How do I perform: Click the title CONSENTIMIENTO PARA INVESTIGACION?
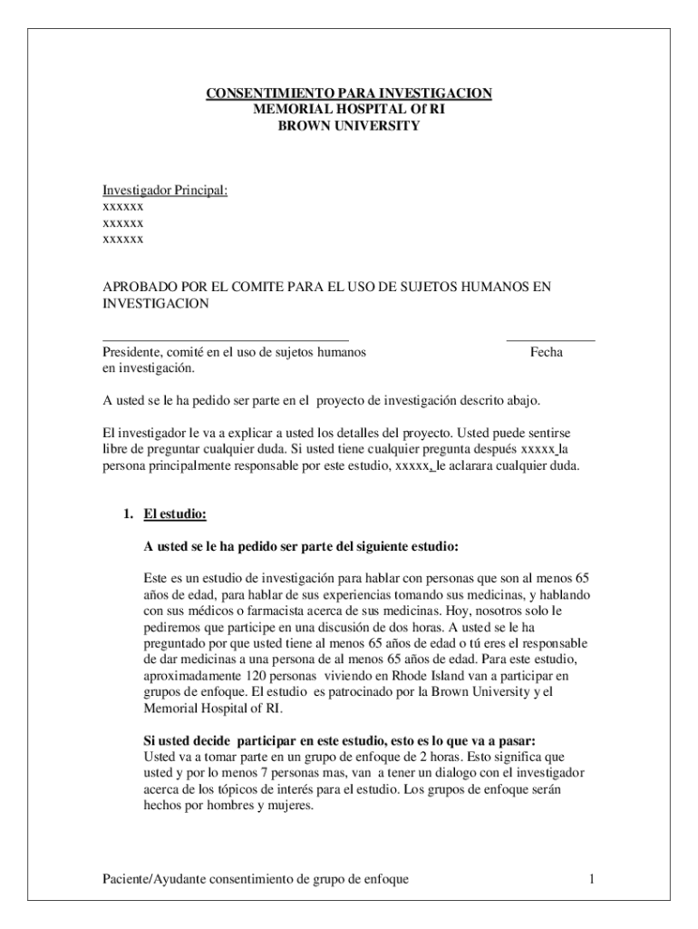[x=348, y=93]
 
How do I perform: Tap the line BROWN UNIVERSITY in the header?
[x=348, y=126]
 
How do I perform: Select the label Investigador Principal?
[x=164, y=190]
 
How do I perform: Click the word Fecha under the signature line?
[x=547, y=352]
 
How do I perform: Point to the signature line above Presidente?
[x=225, y=338]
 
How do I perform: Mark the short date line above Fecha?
[x=550, y=338]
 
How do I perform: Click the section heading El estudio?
[x=176, y=514]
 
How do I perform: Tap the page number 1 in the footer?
[x=590, y=879]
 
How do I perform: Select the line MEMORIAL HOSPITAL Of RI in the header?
[x=348, y=110]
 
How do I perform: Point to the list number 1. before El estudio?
[x=130, y=514]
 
